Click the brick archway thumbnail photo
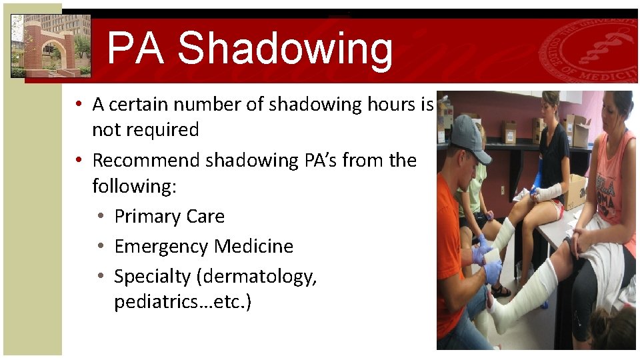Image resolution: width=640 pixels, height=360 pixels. coord(51,45)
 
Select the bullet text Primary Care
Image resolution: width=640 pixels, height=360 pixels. coord(169,217)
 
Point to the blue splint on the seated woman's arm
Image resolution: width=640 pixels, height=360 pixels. coord(537,181)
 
